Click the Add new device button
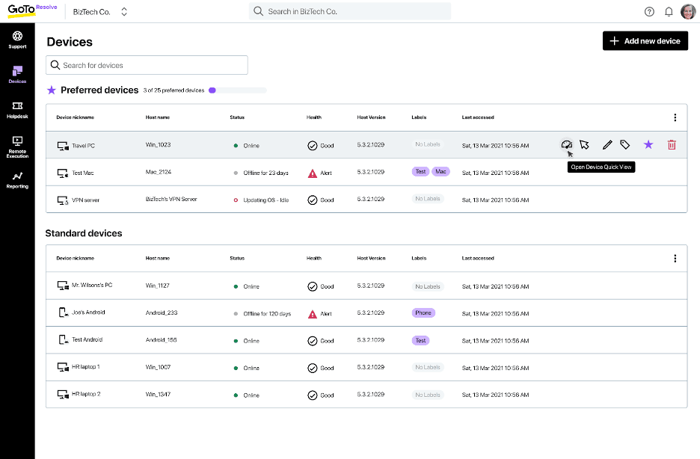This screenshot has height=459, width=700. (x=645, y=41)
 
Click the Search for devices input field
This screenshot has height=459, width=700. (x=147, y=65)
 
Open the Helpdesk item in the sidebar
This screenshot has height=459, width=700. (x=17, y=110)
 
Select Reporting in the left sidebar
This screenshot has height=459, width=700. (x=17, y=180)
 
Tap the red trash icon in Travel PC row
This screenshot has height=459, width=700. (x=672, y=145)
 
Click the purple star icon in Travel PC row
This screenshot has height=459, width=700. (x=648, y=145)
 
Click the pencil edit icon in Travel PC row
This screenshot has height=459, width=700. (x=607, y=145)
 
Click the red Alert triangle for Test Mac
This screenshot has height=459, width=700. (x=313, y=173)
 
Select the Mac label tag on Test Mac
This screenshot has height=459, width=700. (x=440, y=172)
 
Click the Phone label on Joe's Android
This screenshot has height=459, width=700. (x=423, y=313)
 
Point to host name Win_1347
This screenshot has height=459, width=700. (x=158, y=395)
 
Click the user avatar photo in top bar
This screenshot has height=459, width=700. (x=687, y=11)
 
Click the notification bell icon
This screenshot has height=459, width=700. (x=669, y=12)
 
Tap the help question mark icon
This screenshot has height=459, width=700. (x=649, y=12)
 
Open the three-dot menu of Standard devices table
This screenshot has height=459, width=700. (x=675, y=259)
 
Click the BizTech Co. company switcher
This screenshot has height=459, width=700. (x=100, y=12)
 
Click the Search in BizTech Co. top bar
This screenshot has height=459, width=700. (x=349, y=11)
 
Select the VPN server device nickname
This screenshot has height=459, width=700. (x=85, y=200)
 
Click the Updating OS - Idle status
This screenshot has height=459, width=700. (x=265, y=200)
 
